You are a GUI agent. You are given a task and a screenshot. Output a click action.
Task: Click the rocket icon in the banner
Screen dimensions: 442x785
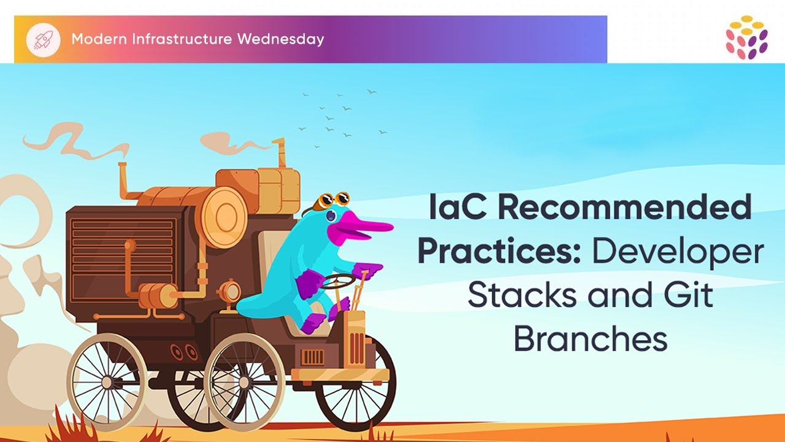tap(42, 39)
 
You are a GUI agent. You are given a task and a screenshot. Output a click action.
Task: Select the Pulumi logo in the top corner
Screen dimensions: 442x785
tap(746, 37)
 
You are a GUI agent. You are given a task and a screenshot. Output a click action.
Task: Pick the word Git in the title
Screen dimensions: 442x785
tap(691, 296)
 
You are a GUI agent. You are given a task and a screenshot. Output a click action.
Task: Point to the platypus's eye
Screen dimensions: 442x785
tap(331, 215)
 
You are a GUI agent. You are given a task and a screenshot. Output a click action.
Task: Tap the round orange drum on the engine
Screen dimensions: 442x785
tap(223, 215)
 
